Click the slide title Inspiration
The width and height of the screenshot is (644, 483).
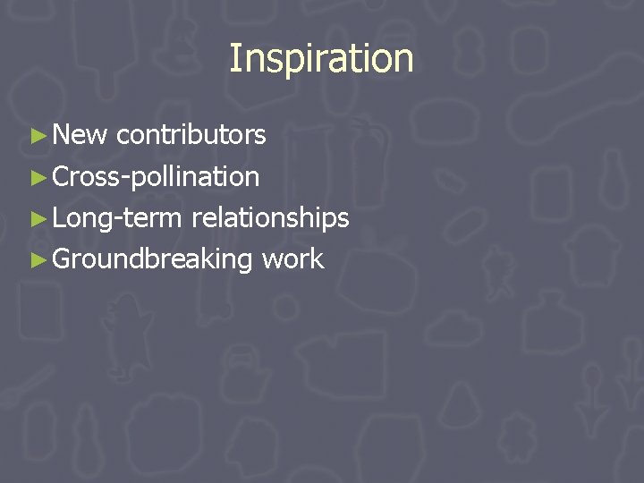(x=321, y=59)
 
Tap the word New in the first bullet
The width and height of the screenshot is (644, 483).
(x=80, y=135)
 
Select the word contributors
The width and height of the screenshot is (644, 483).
(x=191, y=135)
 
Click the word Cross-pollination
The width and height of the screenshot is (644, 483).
(x=156, y=177)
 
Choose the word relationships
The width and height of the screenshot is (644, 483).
(x=269, y=218)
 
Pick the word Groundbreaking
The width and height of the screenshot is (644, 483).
(x=153, y=260)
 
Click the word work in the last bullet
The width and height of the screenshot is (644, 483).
(x=292, y=260)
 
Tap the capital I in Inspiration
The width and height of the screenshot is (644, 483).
(x=234, y=59)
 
